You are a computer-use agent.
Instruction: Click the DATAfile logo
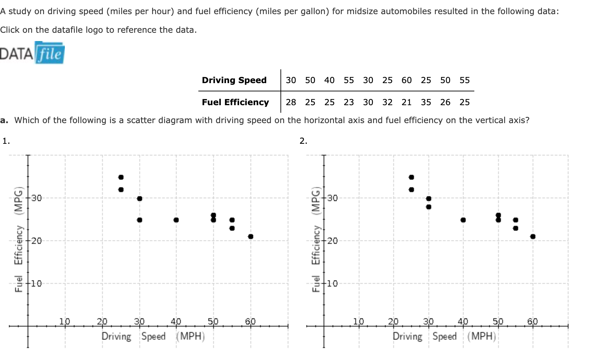(x=32, y=53)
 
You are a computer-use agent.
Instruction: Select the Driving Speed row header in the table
(x=234, y=80)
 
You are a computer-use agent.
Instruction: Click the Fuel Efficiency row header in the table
(x=235, y=102)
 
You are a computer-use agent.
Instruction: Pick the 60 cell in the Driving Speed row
(x=406, y=80)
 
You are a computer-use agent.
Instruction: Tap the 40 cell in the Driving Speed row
(x=329, y=80)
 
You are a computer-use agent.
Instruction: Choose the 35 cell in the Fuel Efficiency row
(x=426, y=102)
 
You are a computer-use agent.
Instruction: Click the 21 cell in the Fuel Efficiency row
(x=406, y=102)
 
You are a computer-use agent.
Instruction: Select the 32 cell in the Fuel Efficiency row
(x=387, y=102)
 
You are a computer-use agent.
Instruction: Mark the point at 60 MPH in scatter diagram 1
(x=251, y=237)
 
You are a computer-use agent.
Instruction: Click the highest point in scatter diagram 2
(x=411, y=177)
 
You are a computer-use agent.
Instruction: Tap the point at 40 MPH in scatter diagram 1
(x=176, y=220)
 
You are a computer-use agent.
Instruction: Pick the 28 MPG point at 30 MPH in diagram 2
(x=428, y=207)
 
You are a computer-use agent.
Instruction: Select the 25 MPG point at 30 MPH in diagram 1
(x=139, y=220)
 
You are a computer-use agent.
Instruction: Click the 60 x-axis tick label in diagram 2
(x=532, y=321)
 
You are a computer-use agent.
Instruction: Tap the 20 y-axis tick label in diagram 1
(x=37, y=241)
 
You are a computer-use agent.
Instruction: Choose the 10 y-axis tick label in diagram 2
(x=333, y=283)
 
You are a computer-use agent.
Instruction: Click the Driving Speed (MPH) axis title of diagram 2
(x=444, y=336)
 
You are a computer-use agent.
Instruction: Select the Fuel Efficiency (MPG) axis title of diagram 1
(x=19, y=239)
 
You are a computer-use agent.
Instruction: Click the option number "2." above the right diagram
(x=303, y=141)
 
